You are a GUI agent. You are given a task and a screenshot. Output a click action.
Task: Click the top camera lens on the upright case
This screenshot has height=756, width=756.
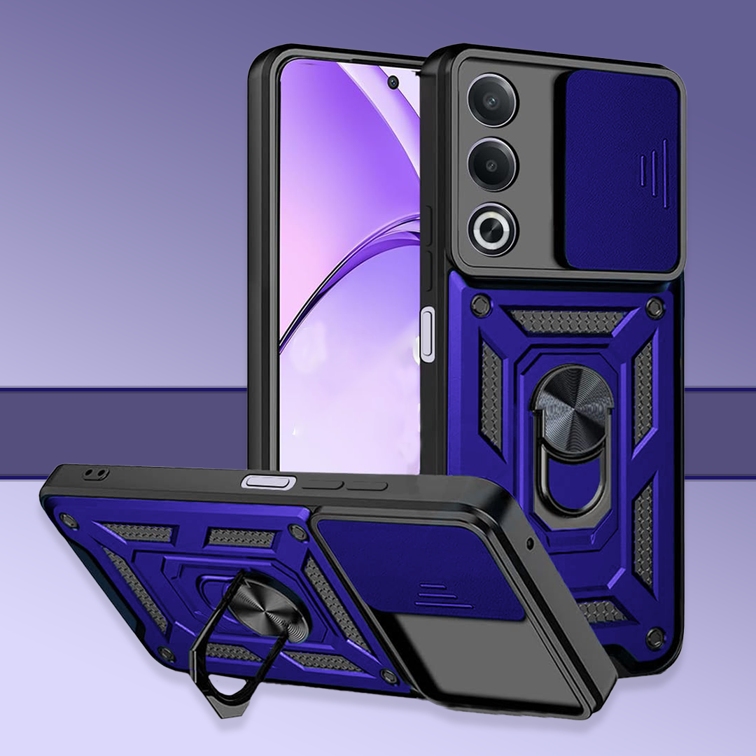click(x=493, y=100)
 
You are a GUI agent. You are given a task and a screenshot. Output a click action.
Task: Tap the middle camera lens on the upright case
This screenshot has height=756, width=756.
click(x=493, y=164)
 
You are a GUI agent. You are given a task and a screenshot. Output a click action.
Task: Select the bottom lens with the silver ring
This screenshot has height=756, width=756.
click(x=493, y=228)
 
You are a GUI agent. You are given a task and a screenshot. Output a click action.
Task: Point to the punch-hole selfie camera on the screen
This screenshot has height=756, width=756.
click(x=393, y=83)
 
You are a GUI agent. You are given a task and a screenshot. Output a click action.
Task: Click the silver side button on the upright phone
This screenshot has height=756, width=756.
click(x=427, y=337)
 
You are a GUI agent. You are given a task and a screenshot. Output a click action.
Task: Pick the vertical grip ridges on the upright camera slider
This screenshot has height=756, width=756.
click(x=654, y=172)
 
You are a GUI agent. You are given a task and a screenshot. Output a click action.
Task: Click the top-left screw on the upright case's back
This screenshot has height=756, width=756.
click(x=480, y=305)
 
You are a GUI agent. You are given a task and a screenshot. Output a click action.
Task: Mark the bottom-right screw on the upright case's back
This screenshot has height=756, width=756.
click(x=655, y=638)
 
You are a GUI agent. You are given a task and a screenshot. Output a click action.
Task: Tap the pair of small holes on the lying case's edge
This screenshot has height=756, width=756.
click(x=92, y=474)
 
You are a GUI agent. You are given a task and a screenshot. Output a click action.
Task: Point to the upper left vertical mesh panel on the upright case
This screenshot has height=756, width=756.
click(x=492, y=395)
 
